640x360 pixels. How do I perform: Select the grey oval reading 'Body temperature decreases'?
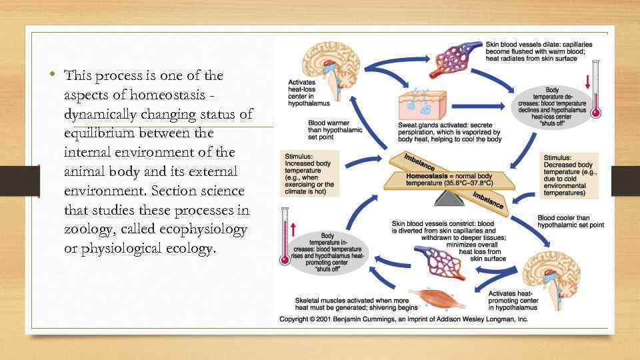click(552, 103)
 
